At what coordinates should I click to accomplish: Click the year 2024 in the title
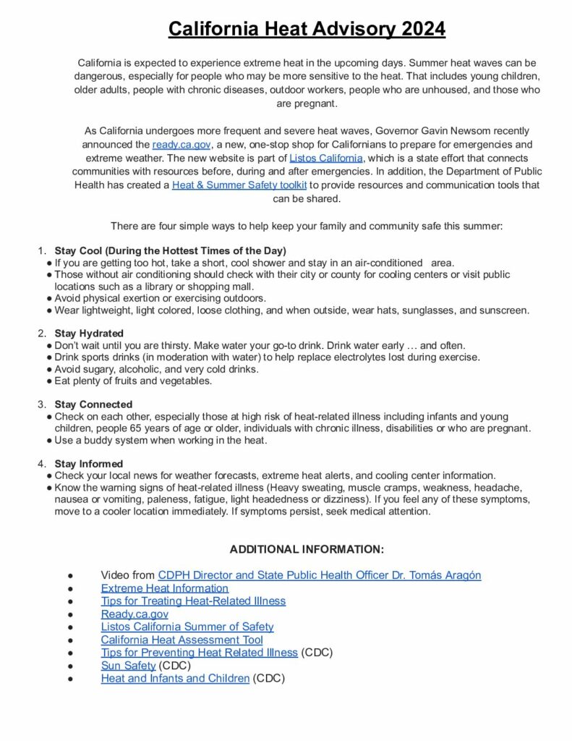click(x=420, y=29)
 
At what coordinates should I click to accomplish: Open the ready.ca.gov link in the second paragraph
click(x=181, y=144)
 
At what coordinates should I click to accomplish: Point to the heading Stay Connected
click(x=93, y=404)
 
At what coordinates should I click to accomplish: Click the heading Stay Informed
click(x=89, y=463)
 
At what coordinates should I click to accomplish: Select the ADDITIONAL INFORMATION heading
click(x=307, y=549)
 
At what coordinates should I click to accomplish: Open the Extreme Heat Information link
click(x=165, y=588)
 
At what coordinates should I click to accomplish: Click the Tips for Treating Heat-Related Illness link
click(x=193, y=601)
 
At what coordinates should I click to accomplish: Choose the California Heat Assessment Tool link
click(x=182, y=640)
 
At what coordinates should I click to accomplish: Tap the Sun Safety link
click(x=128, y=666)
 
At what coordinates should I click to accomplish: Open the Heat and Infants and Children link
click(x=175, y=679)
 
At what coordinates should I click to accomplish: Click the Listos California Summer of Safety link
click(x=187, y=627)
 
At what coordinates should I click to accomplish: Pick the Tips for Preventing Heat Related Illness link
click(x=199, y=653)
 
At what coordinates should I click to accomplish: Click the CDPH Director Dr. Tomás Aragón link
click(x=320, y=575)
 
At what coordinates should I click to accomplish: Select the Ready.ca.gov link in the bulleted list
click(x=135, y=614)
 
